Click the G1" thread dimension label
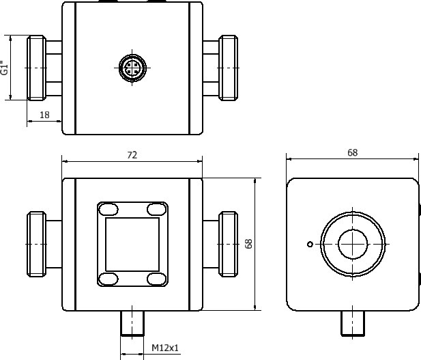click(4, 68)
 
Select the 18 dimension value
click(44, 115)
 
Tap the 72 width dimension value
click(132, 155)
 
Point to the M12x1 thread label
click(165, 348)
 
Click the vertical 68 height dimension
click(248, 244)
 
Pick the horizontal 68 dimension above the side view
click(352, 153)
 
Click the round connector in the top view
click(132, 68)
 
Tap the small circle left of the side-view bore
click(310, 244)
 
